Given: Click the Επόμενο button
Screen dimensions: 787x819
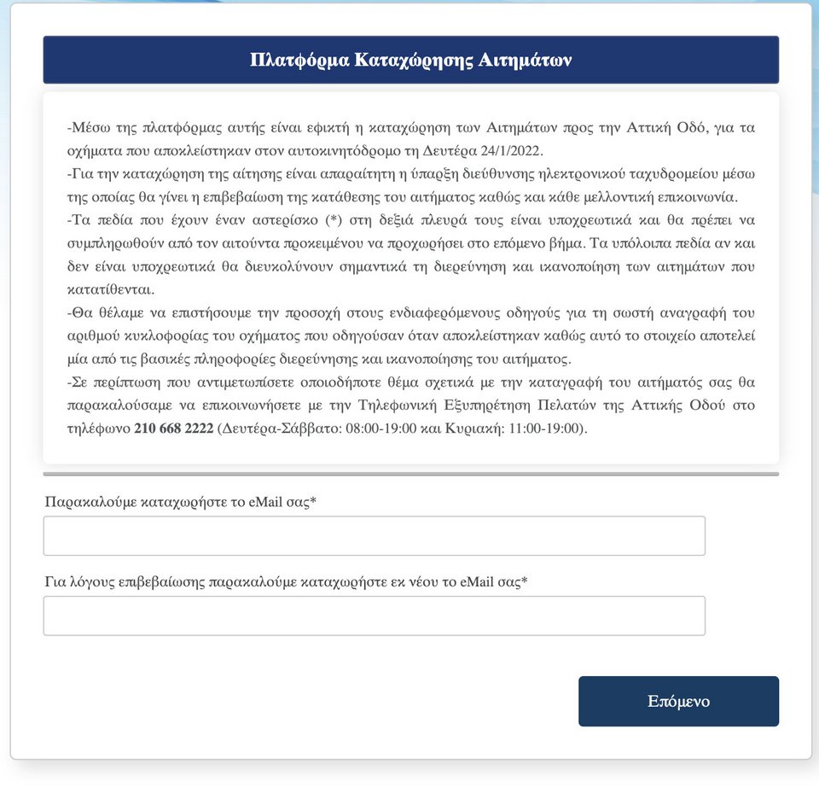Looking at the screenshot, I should [678, 702].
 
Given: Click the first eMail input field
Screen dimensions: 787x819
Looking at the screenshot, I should [374, 536].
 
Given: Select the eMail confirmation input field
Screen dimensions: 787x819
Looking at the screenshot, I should [374, 615].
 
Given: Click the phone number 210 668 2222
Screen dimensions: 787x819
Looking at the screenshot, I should [173, 428].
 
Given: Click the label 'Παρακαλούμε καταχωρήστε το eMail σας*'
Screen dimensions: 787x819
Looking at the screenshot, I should [181, 502].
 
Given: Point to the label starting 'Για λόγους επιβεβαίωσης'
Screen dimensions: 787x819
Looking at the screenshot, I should [286, 582].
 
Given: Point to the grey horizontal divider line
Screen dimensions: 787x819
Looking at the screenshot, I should [410, 474].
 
